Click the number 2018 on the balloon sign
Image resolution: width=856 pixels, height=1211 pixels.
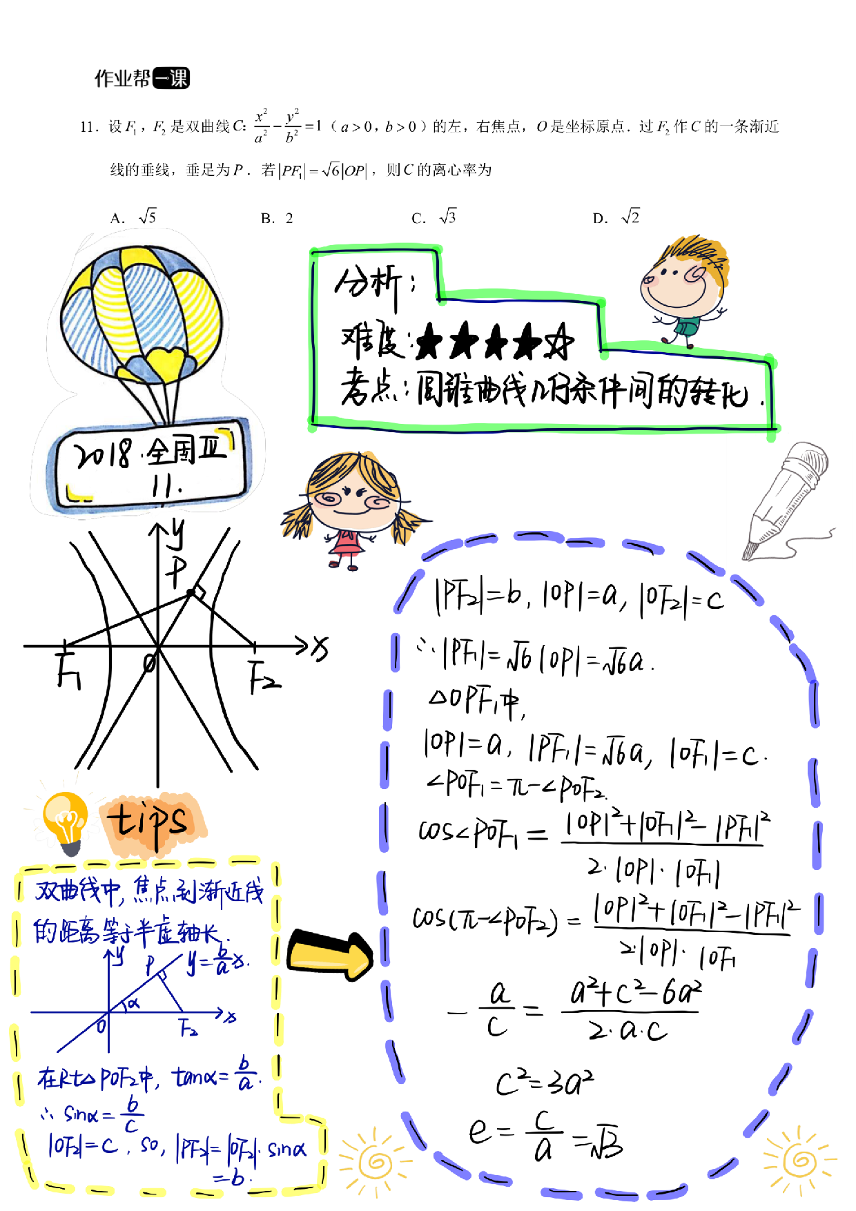point(104,454)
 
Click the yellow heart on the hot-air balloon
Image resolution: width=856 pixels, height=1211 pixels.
point(165,363)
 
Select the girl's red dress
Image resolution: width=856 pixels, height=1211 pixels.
point(347,545)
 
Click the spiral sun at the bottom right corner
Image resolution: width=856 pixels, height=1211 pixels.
point(799,1161)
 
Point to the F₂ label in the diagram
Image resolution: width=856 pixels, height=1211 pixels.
point(188,1028)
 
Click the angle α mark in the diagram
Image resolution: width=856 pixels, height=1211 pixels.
point(133,1003)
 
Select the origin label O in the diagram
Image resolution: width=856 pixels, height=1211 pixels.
point(101,1026)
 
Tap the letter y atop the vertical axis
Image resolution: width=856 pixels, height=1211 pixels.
point(120,956)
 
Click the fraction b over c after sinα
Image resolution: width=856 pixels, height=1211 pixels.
point(131,1116)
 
